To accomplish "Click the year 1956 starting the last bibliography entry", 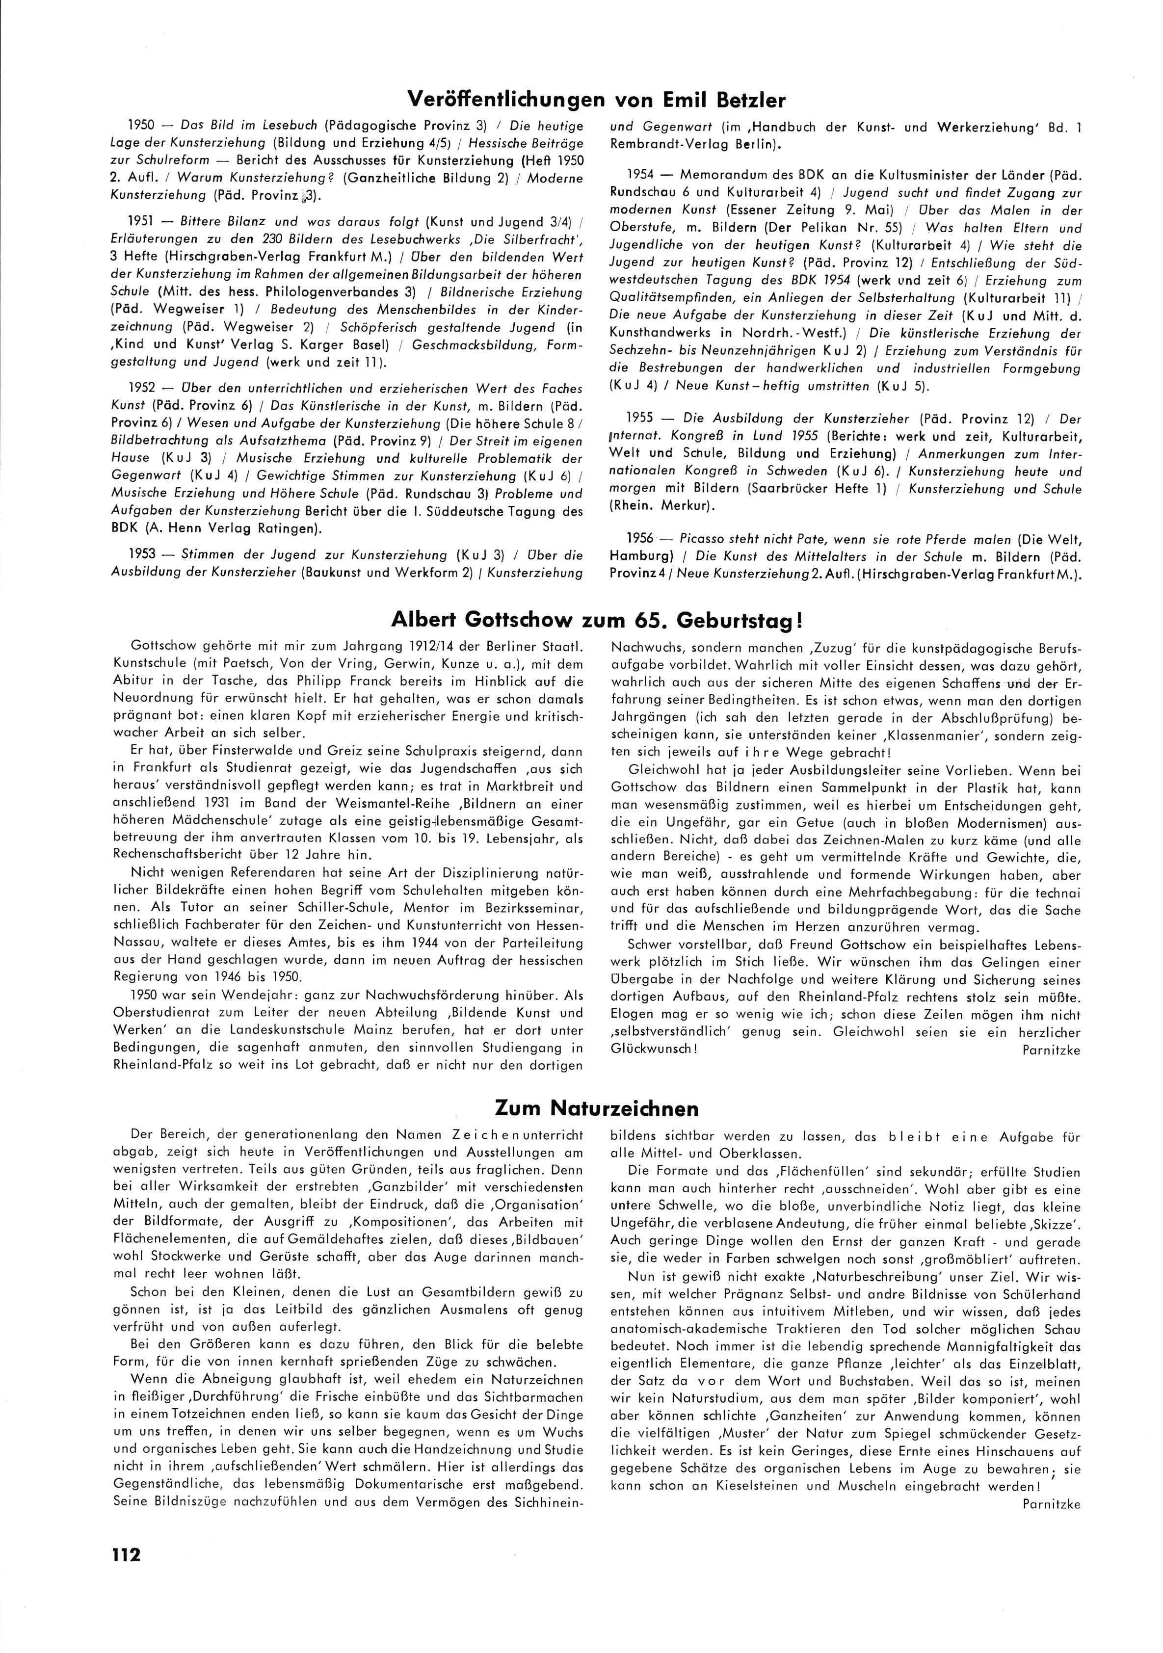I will pos(639,539).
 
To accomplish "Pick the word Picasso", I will pos(692,539).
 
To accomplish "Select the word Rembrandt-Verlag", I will pos(658,143).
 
